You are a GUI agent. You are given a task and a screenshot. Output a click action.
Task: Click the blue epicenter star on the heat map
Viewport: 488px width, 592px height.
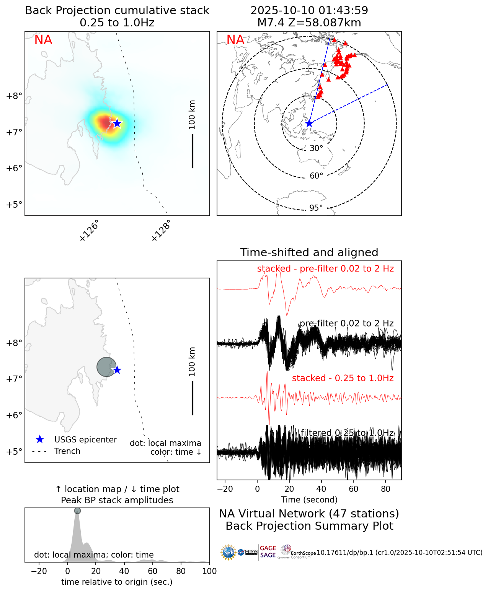click(x=117, y=124)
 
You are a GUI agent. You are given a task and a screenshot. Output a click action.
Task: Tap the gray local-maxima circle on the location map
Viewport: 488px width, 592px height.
click(x=106, y=367)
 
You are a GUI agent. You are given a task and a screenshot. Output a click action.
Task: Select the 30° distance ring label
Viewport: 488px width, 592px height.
click(x=316, y=148)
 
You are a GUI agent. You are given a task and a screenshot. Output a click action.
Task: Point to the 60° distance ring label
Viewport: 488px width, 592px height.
click(x=316, y=176)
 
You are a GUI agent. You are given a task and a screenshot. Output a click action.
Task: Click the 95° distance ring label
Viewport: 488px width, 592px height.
click(x=316, y=208)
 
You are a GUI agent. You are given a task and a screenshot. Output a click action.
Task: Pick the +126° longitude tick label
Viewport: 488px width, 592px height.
click(x=89, y=231)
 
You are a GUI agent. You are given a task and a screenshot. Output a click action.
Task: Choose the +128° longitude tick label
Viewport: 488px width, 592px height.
click(x=161, y=231)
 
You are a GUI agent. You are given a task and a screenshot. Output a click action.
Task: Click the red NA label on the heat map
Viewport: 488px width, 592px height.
click(x=43, y=40)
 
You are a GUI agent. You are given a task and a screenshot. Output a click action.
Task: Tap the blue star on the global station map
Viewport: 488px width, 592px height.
click(x=309, y=124)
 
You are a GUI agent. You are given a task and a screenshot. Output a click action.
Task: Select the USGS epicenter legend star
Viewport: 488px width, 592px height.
click(x=39, y=440)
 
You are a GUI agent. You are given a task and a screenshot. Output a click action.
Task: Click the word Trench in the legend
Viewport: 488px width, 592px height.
click(x=67, y=451)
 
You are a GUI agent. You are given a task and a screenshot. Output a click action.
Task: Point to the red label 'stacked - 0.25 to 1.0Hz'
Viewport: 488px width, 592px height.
click(x=343, y=378)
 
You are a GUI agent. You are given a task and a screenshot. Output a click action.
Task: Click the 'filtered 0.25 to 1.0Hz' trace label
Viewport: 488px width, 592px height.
click(x=347, y=433)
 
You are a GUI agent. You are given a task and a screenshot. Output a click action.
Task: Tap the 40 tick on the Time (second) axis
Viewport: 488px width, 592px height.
click(x=322, y=489)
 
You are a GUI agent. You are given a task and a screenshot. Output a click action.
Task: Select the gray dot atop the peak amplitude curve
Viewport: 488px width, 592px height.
click(x=77, y=511)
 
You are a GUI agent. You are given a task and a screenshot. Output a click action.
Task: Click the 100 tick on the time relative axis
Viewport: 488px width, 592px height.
click(x=209, y=571)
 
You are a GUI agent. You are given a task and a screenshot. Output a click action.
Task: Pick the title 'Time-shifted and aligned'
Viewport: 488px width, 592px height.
click(x=309, y=252)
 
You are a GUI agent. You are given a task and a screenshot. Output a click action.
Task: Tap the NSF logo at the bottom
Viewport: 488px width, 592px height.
click(x=228, y=552)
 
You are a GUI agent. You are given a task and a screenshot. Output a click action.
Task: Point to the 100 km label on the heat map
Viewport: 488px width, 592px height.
click(x=192, y=115)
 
